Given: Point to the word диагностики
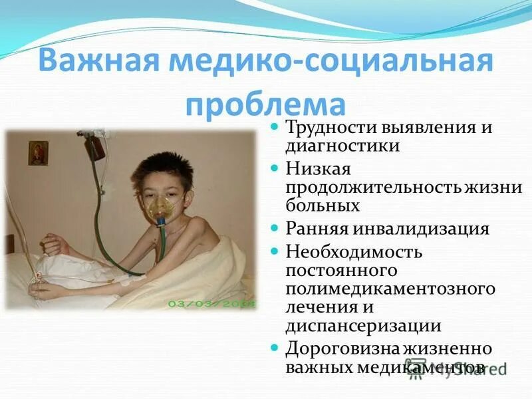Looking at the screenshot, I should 342,145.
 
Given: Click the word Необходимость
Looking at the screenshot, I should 354,252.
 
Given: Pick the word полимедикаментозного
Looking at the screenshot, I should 391,289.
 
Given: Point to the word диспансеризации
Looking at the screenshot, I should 364,325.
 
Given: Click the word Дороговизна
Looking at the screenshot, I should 343,348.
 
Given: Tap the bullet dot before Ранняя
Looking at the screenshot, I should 277,229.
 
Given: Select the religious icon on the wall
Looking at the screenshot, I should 38,152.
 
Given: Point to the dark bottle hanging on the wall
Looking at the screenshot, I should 96,146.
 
